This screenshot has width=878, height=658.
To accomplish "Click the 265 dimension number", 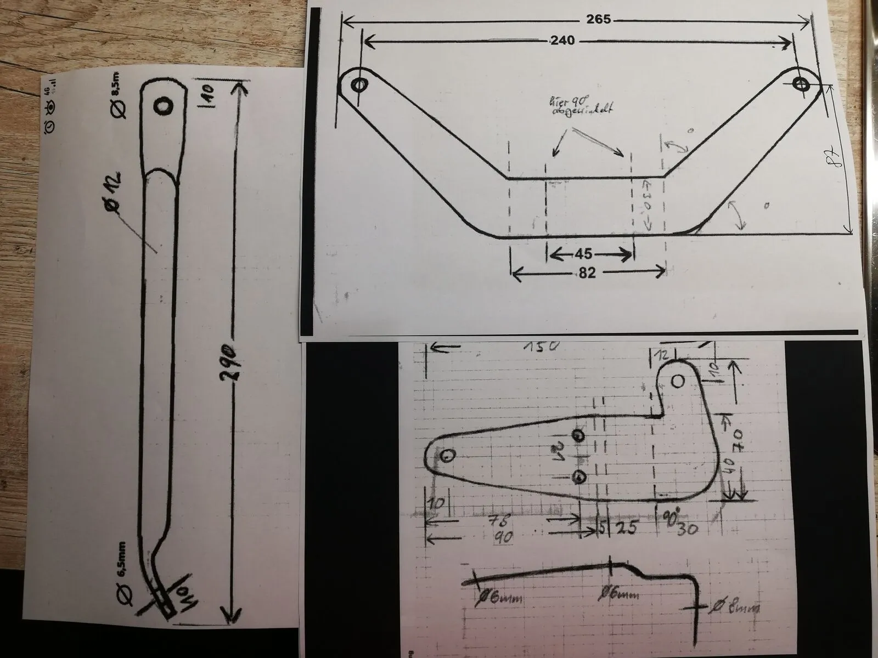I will [598, 19].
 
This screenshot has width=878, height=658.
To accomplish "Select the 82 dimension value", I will [587, 273].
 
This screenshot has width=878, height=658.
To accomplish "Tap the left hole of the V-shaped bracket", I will [359, 85].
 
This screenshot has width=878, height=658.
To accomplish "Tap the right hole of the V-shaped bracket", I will [801, 84].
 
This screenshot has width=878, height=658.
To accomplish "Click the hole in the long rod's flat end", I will [163, 106].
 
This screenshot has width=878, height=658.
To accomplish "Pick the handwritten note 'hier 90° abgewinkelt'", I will [579, 106].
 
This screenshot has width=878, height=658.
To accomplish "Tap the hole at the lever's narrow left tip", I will [448, 455].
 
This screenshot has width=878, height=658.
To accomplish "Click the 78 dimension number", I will [500, 520].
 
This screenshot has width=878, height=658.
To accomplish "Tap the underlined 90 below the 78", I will [502, 537].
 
